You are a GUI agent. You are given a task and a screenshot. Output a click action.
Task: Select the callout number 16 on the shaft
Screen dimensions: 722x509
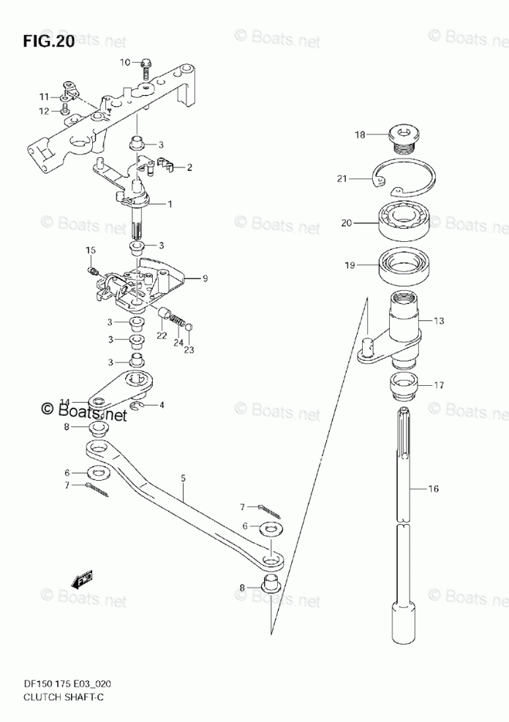[x=434, y=489]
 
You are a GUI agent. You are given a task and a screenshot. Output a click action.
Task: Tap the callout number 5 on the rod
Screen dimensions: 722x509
[x=183, y=478]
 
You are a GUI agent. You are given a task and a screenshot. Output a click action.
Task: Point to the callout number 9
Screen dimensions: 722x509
[x=206, y=278]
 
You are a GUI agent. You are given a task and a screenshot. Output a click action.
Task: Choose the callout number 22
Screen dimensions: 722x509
[x=162, y=335]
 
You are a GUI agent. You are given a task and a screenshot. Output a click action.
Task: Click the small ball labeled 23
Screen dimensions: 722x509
[x=189, y=327]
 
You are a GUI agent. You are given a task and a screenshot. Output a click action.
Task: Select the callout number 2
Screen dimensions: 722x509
[x=189, y=167]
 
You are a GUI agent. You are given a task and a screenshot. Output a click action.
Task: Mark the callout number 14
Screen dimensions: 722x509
[x=64, y=402]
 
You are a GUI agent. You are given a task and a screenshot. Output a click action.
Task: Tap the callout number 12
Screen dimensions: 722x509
[x=44, y=111]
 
